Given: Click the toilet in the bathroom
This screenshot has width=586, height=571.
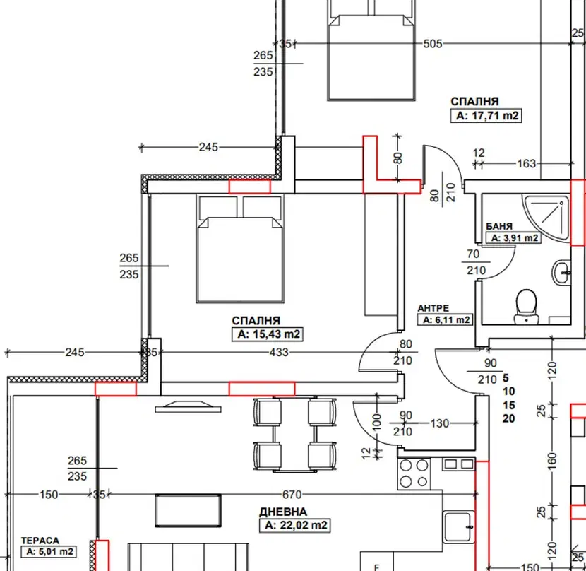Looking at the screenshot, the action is tap(526, 306).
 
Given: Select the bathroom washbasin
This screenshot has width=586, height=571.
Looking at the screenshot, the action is tap(561, 273).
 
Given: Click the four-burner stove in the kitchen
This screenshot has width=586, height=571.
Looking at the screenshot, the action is tap(414, 473).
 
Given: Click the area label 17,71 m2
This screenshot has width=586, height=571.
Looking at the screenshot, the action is tap(486, 116).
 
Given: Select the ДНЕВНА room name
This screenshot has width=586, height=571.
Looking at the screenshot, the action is tap(283, 512).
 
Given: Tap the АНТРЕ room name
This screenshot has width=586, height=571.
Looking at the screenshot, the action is tap(433, 308).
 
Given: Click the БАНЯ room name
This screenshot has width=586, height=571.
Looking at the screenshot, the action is tap(499, 226).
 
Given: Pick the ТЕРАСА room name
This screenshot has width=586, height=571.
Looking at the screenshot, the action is tap(40, 541).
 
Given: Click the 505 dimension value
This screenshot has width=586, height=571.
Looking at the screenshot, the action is tap(433, 44).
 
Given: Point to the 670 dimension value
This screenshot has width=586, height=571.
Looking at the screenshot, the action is tap(292, 495).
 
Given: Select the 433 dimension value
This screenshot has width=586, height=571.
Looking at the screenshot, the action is tap(279, 352).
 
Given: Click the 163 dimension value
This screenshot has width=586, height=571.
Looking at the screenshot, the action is tap(526, 163).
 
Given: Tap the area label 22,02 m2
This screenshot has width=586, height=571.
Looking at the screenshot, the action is tap(295, 525).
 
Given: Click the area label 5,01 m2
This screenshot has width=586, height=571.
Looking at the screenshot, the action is tap(49, 551).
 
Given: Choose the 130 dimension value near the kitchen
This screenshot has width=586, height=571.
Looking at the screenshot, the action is tap(439, 423).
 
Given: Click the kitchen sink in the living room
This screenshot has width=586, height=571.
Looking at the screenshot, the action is tap(458, 527).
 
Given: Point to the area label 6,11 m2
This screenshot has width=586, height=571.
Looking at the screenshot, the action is tap(445, 319).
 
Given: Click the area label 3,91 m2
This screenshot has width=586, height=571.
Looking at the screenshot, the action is tap(513, 237).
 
